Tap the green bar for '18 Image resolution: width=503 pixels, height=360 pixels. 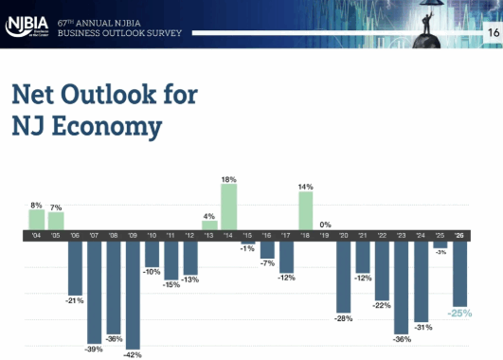pos(306,211)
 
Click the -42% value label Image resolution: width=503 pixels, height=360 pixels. pos(133,355)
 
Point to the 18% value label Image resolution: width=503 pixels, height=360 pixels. pos(228,178)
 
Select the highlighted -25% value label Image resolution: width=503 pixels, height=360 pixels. pos(461,313)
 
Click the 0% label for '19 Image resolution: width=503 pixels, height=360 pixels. pos(325,224)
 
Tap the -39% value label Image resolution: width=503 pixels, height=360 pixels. pos(95,350)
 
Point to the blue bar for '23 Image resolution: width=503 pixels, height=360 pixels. pos(403,286)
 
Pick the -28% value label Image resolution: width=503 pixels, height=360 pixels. pos(344,319)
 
